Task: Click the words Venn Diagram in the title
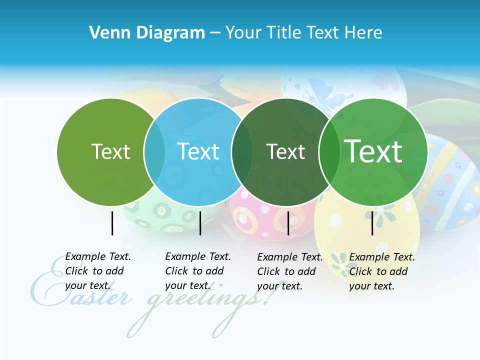click(x=147, y=33)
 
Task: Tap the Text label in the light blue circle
click(x=198, y=151)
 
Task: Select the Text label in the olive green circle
click(x=110, y=151)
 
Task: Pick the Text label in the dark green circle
click(x=285, y=151)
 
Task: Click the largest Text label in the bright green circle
click(x=373, y=151)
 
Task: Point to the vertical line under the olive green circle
click(x=112, y=223)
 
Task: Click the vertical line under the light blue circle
click(x=200, y=223)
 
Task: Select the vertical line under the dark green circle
click(x=288, y=223)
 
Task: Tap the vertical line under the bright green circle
click(x=372, y=223)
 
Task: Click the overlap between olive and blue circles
click(x=154, y=151)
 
